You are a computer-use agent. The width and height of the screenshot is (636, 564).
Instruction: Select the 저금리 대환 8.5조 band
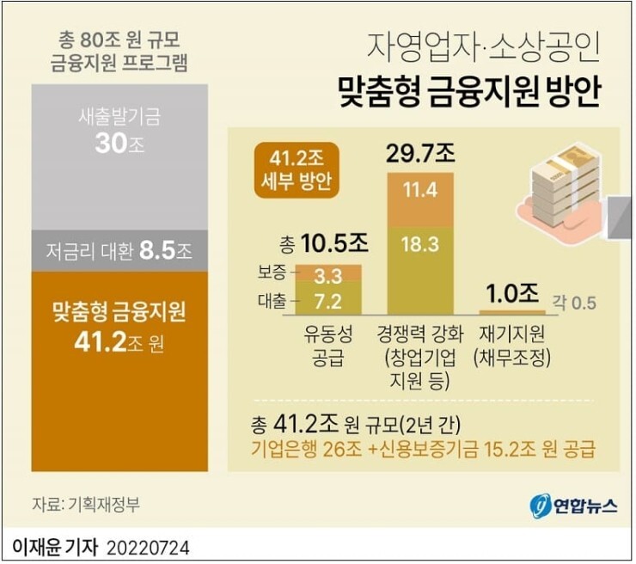click(119, 251)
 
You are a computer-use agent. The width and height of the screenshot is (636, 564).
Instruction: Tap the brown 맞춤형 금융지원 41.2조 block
click(119, 370)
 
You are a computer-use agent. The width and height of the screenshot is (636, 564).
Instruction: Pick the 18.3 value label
click(420, 245)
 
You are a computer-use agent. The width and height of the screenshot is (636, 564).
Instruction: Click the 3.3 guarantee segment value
click(327, 276)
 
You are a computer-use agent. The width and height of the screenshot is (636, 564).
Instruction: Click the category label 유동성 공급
click(327, 344)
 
